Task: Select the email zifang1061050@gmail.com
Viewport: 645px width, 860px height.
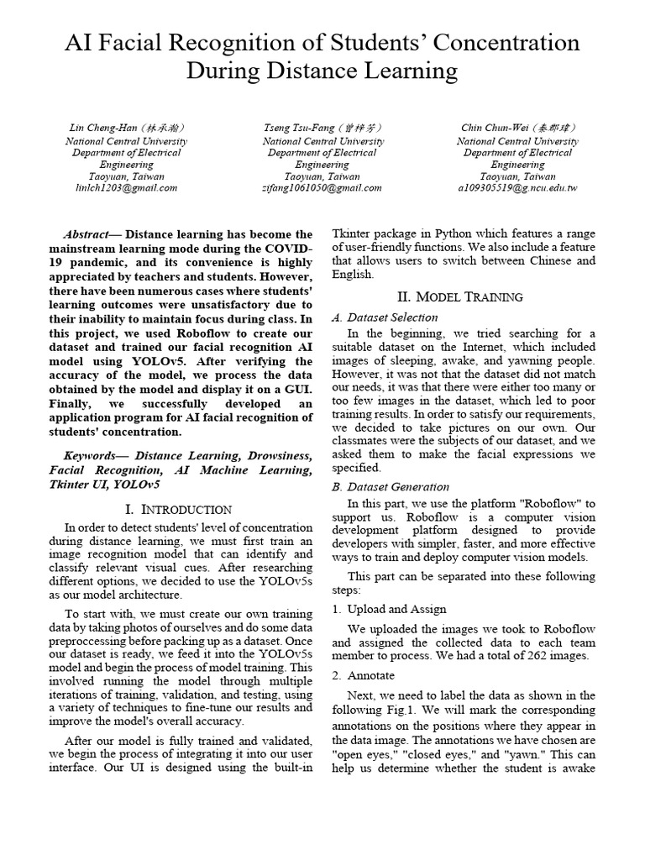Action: pyautogui.click(x=322, y=188)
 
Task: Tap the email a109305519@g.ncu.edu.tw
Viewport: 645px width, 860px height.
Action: pyautogui.click(x=518, y=188)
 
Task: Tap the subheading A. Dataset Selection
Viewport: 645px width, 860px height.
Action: pyautogui.click(x=385, y=317)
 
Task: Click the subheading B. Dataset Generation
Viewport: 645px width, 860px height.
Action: pyautogui.click(x=391, y=487)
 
